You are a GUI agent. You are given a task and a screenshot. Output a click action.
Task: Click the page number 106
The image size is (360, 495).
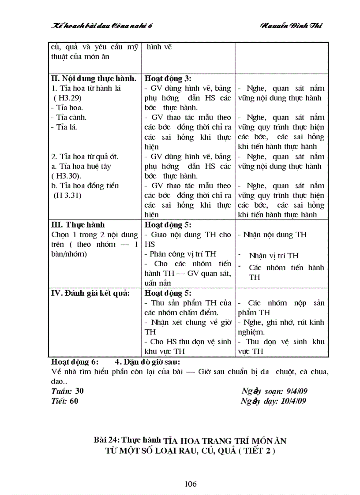[x=191, y=484]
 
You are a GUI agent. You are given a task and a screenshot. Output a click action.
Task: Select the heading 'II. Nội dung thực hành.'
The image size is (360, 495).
[x=94, y=79]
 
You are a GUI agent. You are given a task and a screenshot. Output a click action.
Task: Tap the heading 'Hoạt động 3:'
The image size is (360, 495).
[x=168, y=79]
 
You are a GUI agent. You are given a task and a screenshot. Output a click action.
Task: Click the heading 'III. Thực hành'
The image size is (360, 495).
[x=78, y=225]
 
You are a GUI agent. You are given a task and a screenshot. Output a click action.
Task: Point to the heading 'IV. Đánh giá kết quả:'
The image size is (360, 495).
[x=90, y=293]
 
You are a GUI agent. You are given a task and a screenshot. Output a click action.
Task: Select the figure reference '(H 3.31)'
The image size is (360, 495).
[x=67, y=195]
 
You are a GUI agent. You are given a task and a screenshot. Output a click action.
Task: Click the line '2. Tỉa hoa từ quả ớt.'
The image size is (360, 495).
[x=85, y=156]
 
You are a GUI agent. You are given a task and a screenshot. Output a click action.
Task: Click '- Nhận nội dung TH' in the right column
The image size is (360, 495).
[x=272, y=234]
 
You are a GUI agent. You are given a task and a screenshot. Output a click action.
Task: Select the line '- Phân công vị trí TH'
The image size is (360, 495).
[x=180, y=254]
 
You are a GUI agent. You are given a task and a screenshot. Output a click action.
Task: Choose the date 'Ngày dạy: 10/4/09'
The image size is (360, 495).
[x=274, y=401]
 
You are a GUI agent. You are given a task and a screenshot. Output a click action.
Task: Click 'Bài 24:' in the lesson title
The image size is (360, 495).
[x=107, y=440]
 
